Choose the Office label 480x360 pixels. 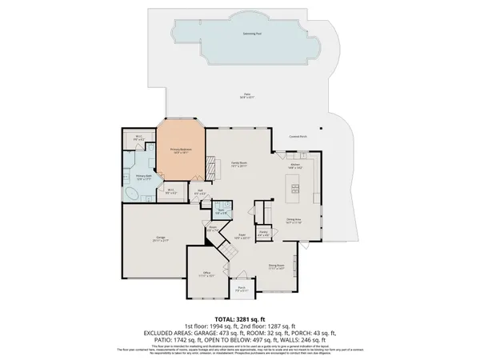pyautogui.click(x=206, y=273)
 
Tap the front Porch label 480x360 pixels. pyautogui.click(x=241, y=290)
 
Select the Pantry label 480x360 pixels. pyautogui.click(x=263, y=234)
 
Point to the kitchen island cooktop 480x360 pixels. pyautogui.click(x=294, y=190)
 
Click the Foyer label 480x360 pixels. pyautogui.click(x=241, y=237)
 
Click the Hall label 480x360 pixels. pyautogui.click(x=201, y=191)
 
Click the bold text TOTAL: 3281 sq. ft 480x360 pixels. pyautogui.click(x=239, y=320)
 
